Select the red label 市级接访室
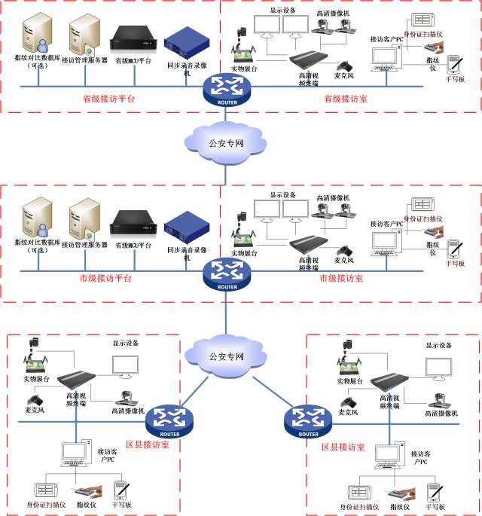coord(341,279)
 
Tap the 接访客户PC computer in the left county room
coord(76,453)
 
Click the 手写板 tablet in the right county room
coord(434,490)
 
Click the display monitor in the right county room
coord(439,368)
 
